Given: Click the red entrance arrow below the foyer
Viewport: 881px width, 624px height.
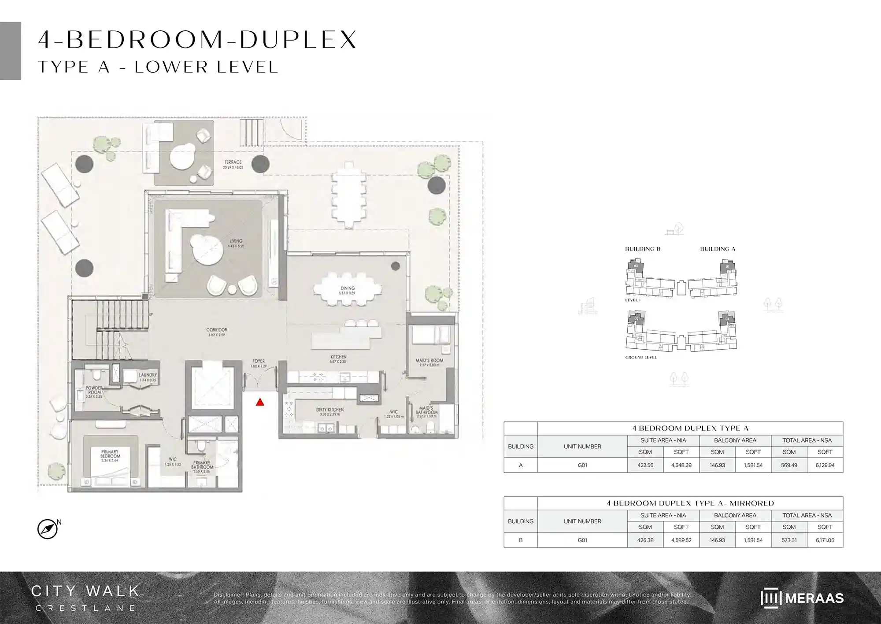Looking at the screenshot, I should point(260,402).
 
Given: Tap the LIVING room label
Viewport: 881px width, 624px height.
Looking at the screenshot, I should point(236,241).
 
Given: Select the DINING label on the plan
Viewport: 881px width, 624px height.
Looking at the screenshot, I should point(348,288).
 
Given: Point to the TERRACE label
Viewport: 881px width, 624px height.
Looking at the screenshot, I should point(233,162).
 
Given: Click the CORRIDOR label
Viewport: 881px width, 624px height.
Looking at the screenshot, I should point(216,330).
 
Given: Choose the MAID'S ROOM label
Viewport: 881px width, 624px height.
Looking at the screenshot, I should point(429,361).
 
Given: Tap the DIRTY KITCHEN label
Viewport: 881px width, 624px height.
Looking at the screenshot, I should point(329,410).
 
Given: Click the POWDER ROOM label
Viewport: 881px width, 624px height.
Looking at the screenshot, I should point(94,390).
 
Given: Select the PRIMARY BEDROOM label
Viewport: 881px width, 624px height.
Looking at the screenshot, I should point(110,454).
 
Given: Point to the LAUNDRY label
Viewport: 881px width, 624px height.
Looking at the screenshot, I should point(148,375).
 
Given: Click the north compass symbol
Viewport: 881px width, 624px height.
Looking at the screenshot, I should point(48,529).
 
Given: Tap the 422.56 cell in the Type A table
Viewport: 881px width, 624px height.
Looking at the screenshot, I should point(645,465).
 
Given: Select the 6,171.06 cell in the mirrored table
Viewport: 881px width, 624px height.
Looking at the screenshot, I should point(825,540).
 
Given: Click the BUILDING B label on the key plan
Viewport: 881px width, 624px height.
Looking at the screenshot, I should point(643,249).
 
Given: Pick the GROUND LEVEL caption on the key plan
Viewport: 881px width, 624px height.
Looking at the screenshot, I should point(641,357).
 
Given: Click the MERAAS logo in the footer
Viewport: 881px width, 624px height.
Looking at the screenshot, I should point(802,598).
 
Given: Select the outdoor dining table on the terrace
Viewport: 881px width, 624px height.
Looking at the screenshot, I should point(349,194).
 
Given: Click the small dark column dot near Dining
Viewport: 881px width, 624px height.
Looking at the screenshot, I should point(395,266).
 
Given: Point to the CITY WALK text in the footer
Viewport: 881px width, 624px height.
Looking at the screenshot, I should point(85,591).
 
